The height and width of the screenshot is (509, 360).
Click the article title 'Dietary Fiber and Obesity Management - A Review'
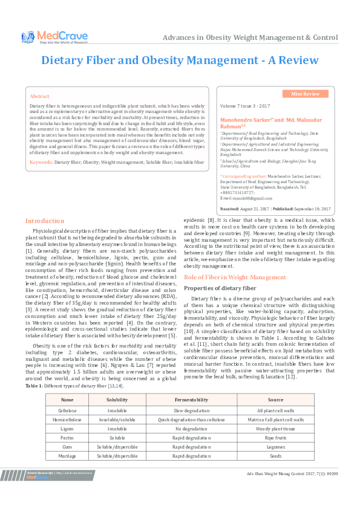point(180,60)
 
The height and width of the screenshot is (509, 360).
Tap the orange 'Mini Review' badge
point(306,94)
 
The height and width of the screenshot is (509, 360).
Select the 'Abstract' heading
point(39,96)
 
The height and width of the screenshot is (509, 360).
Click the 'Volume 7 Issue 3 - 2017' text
point(245,105)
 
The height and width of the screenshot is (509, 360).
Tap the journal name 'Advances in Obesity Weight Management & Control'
point(250,37)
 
